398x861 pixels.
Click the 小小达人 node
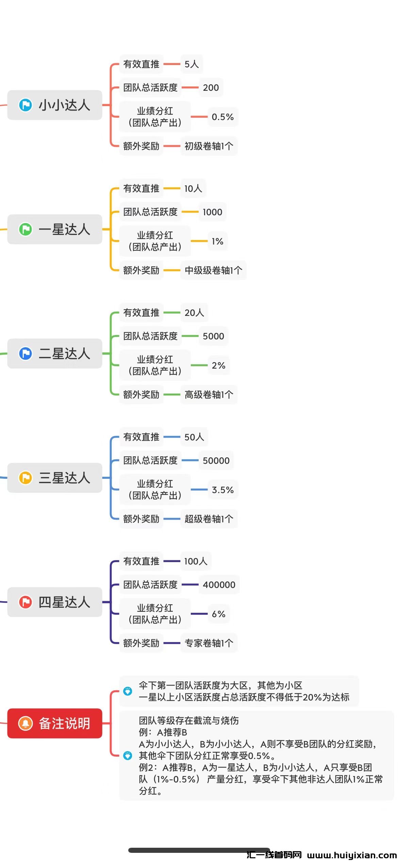tap(55, 105)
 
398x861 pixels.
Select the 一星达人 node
tap(55, 229)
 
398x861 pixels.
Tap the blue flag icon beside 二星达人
tap(26, 354)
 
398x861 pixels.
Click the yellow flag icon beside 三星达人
tap(26, 478)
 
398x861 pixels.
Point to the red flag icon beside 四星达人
tap(26, 602)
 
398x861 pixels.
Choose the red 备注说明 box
tap(55, 723)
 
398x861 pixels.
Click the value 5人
tap(192, 64)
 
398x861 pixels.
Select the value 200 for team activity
tap(211, 88)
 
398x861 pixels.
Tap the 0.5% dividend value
tap(222, 117)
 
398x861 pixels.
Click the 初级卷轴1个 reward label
tap(209, 146)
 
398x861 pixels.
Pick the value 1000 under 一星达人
tap(212, 212)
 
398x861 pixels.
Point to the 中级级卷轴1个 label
tap(213, 270)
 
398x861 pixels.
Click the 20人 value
tap(194, 313)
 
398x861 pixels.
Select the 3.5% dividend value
tap(222, 490)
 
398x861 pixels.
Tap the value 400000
tap(219, 585)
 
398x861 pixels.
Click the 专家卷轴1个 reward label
tap(209, 643)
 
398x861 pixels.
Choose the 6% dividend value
tap(218, 614)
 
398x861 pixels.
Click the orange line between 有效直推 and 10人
tap(172, 188)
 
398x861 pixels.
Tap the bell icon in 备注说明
tap(26, 723)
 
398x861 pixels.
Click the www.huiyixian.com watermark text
tap(352, 855)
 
